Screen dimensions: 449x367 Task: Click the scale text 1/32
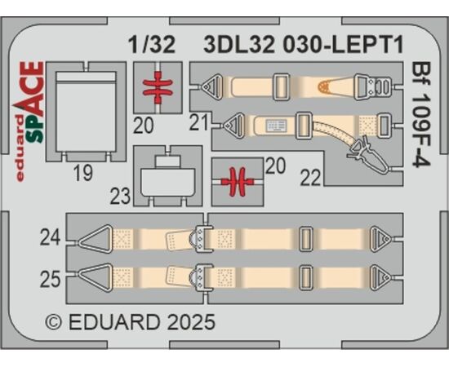[152, 45]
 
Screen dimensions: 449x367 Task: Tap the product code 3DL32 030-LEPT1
[304, 45]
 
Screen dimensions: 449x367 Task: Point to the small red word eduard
[20, 148]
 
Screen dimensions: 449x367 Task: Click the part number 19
[83, 174]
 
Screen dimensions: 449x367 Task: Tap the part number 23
[120, 197]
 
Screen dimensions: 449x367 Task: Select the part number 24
[50, 237]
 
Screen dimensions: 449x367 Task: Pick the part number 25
[50, 280]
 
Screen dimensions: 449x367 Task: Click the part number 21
[198, 123]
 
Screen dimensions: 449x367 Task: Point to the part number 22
[310, 178]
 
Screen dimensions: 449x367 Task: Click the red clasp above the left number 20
[158, 87]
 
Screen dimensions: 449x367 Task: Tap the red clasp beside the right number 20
[238, 182]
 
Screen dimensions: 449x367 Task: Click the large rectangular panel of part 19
[87, 112]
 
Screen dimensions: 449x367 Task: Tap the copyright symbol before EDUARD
[53, 323]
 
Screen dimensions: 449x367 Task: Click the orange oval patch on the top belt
[323, 86]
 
